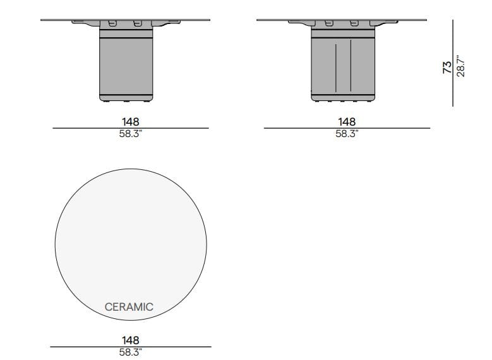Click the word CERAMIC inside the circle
click(x=129, y=307)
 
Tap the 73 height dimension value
click(x=447, y=67)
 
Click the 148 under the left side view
click(x=131, y=121)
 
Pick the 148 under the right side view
click(x=347, y=121)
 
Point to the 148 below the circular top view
click(x=131, y=340)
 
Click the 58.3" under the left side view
click(x=131, y=134)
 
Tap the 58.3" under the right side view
click(x=347, y=134)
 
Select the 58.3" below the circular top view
click(x=131, y=352)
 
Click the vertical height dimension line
click(x=453, y=63)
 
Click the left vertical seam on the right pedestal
click(x=336, y=66)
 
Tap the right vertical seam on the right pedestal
click(x=351, y=66)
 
